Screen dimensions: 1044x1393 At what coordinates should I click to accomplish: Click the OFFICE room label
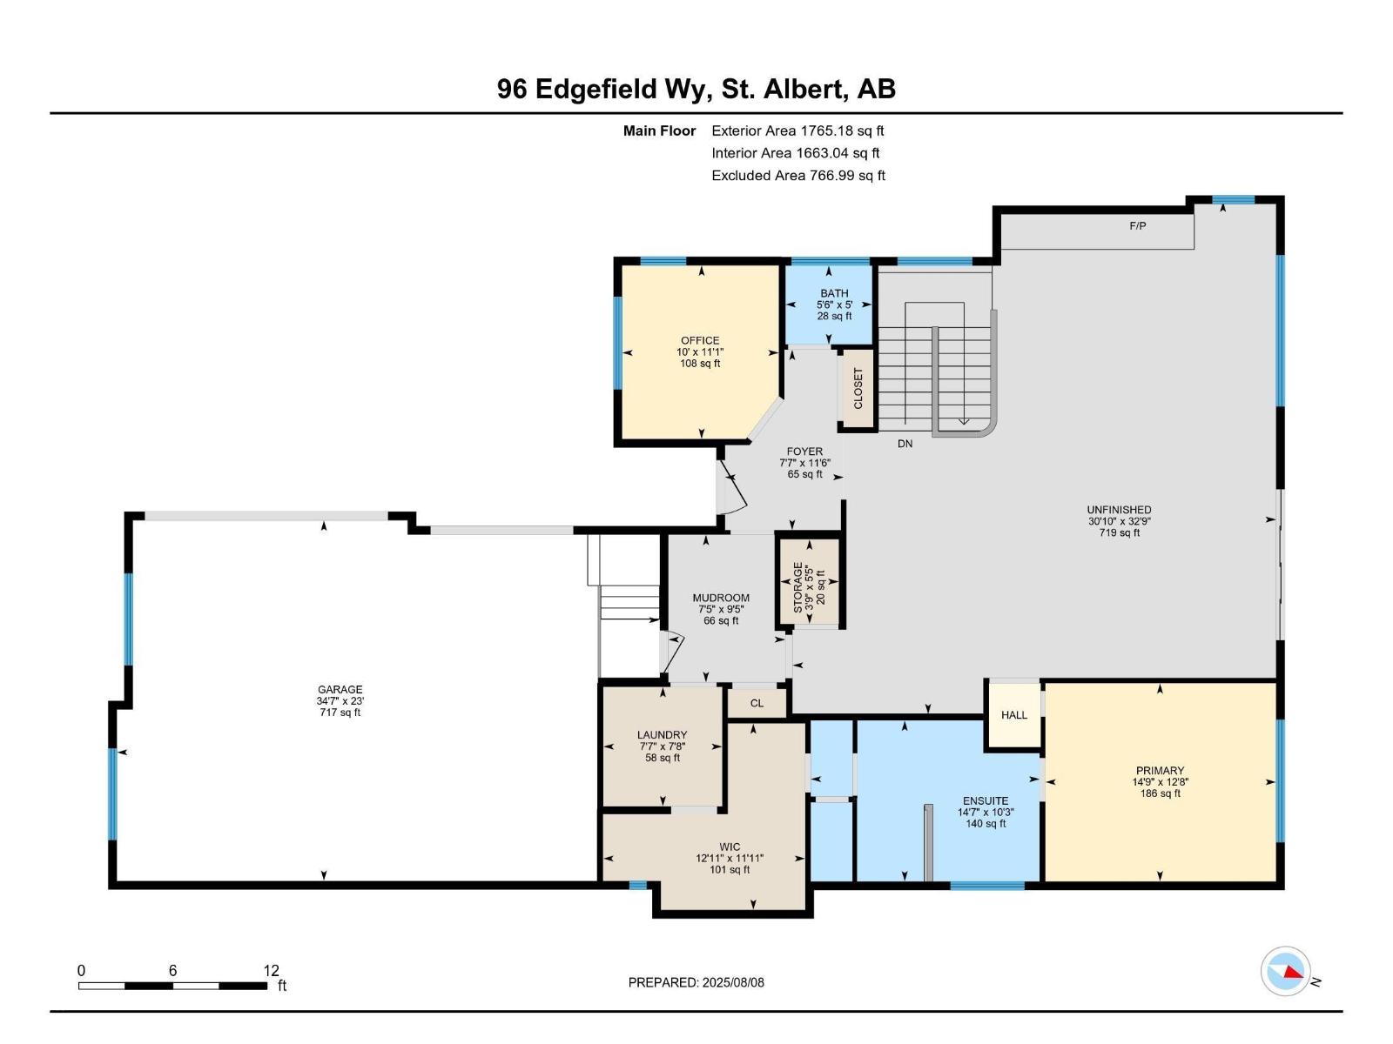click(x=700, y=340)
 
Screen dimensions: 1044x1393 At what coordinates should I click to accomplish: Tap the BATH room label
click(x=833, y=293)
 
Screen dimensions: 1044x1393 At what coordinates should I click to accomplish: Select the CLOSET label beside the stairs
click(x=858, y=389)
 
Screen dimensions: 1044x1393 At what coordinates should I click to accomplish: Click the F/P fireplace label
click(x=1137, y=226)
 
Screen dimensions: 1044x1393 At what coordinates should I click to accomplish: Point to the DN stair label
click(x=905, y=444)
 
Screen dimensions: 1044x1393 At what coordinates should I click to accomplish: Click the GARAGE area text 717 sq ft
click(x=340, y=713)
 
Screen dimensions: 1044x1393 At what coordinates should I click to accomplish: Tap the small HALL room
click(x=1013, y=715)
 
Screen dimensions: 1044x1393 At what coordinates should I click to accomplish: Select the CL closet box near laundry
click(x=757, y=703)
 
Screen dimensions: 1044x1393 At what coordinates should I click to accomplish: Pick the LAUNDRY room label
click(x=662, y=734)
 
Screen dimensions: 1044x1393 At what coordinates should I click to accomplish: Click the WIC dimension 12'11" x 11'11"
click(x=730, y=858)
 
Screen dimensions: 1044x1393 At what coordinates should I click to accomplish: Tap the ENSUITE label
click(x=986, y=800)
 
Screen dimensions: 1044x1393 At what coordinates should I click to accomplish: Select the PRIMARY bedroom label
click(x=1160, y=770)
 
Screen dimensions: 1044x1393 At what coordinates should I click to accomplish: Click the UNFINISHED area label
click(x=1119, y=510)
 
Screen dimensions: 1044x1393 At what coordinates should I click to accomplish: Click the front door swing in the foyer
click(x=733, y=492)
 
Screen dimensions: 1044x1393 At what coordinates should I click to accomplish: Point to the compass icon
click(x=1286, y=972)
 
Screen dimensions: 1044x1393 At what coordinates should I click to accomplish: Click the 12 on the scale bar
click(x=271, y=971)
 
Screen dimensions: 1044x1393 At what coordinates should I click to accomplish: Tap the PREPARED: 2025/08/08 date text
click(x=696, y=982)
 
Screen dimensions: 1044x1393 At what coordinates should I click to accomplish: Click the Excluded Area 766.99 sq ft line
click(x=797, y=176)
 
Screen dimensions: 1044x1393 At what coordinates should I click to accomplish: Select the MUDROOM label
click(x=721, y=598)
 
